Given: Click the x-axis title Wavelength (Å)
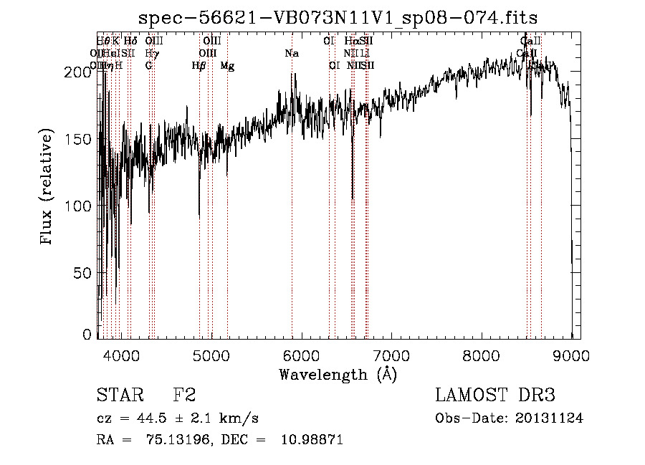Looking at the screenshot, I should tap(338, 373).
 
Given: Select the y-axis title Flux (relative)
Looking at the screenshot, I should tap(48, 188).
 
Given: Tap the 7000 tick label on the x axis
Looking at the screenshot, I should tap(391, 355).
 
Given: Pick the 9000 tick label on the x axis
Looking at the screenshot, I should tap(571, 355).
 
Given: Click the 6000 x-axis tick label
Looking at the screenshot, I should tap(301, 355).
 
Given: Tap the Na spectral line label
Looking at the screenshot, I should tap(291, 54).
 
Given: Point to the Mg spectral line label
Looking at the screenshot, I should tap(227, 66).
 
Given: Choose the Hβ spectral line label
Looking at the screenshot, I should tap(199, 66).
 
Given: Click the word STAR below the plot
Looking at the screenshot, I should tap(118, 396).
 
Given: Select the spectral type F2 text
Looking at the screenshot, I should tap(184, 396).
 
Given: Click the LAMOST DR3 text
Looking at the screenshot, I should tap(494, 396).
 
